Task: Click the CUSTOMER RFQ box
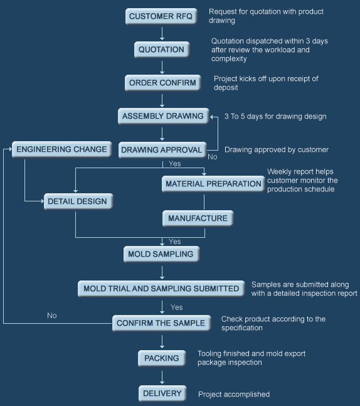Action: click(x=161, y=16)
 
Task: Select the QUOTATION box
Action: click(x=161, y=50)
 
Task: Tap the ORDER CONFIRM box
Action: click(x=162, y=83)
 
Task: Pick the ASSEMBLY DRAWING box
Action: click(x=163, y=116)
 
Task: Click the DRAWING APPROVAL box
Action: click(x=162, y=149)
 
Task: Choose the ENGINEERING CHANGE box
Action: click(x=62, y=149)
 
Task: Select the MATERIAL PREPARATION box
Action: click(x=213, y=184)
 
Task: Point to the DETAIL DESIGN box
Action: click(x=78, y=201)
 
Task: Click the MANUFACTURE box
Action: click(x=198, y=218)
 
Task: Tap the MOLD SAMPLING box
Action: click(x=161, y=254)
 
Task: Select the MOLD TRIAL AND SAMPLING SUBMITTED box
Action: click(x=161, y=289)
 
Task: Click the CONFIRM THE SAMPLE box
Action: click(x=161, y=323)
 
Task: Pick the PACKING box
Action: click(x=162, y=358)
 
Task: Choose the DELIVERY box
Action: click(x=162, y=393)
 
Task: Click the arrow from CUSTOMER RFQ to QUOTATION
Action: click(x=162, y=34)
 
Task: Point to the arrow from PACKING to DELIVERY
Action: click(x=162, y=377)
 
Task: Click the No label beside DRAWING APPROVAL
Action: click(x=213, y=157)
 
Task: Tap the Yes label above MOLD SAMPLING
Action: click(x=175, y=242)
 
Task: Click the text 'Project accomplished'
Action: click(x=234, y=394)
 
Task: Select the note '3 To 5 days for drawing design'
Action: click(x=275, y=117)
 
